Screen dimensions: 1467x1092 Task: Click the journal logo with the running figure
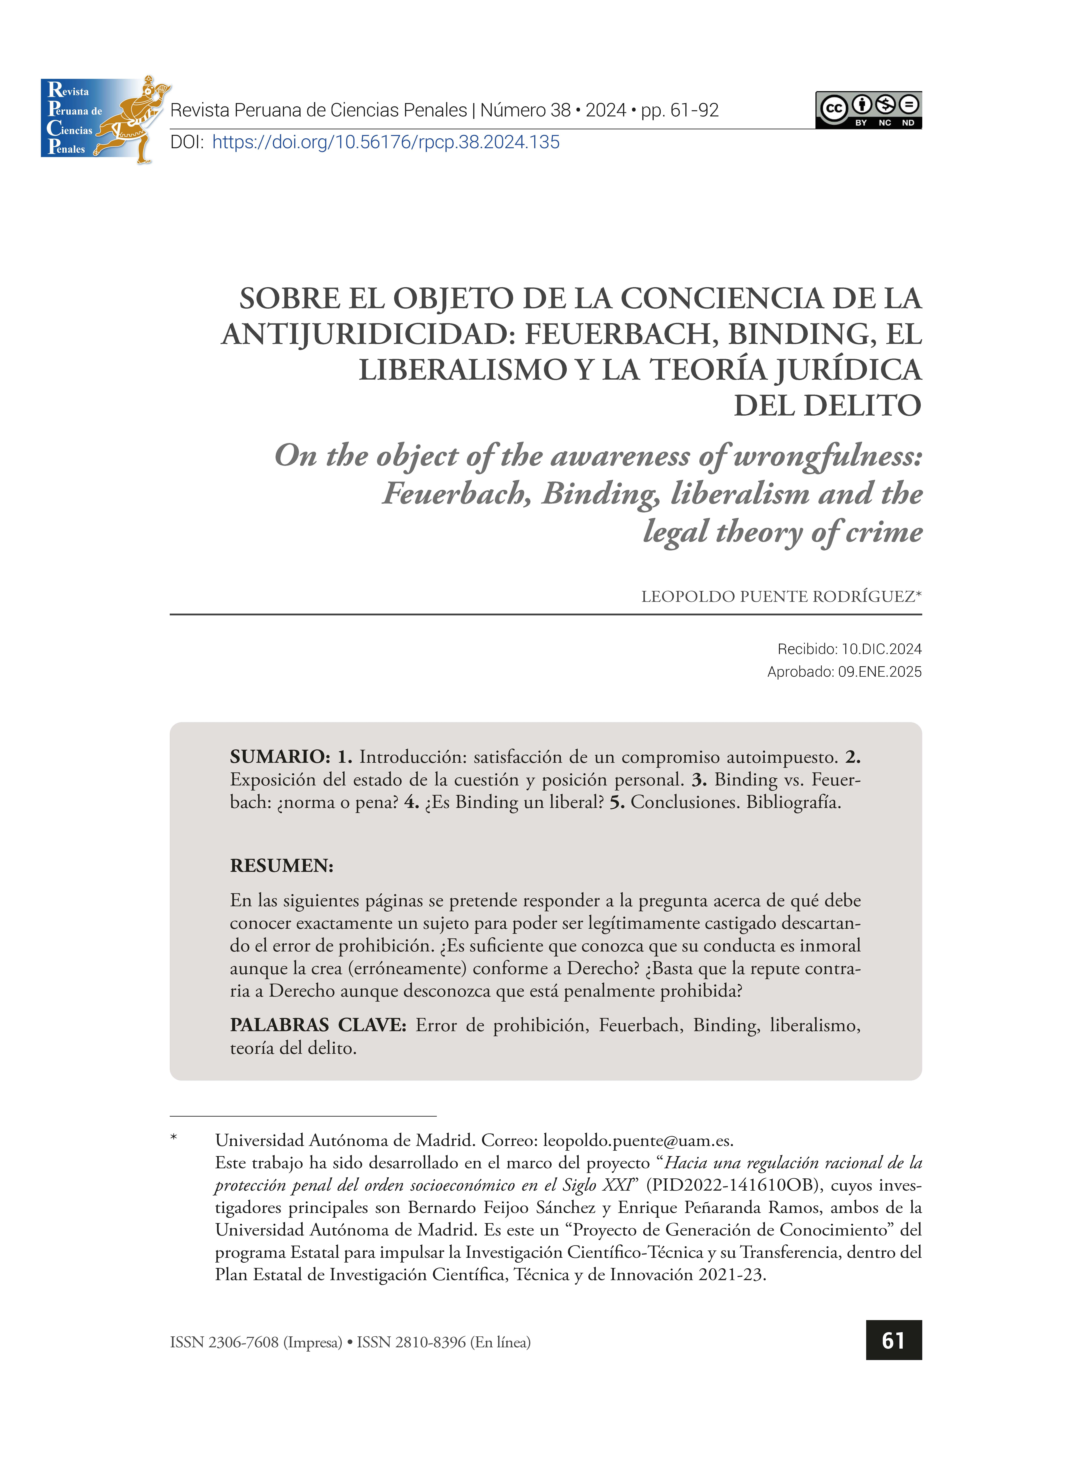click(x=105, y=119)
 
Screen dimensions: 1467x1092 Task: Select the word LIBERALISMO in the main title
click(x=463, y=369)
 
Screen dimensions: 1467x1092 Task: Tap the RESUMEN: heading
click(x=282, y=866)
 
